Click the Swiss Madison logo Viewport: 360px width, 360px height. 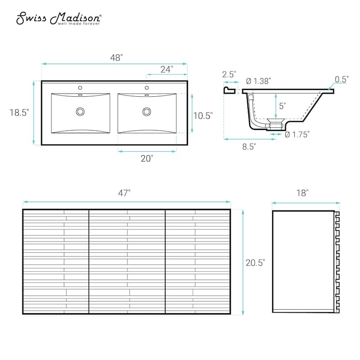coord(59,18)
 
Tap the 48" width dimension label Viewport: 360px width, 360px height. coord(117,58)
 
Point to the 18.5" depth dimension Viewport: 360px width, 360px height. coord(19,113)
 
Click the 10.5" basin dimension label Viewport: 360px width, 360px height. coord(202,115)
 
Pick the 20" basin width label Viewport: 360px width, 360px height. coord(147,158)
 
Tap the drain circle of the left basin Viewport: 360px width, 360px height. coord(81,111)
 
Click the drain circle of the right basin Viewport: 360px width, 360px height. coord(147,111)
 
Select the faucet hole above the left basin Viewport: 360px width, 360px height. coord(81,87)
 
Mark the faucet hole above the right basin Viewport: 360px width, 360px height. coord(147,87)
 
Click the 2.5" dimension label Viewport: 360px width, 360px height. coord(229,75)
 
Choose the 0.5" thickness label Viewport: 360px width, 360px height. coord(342,79)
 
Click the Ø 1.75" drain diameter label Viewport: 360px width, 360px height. coord(297,134)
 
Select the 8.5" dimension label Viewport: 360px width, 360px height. coord(248,146)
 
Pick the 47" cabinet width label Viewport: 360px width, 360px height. coord(124,193)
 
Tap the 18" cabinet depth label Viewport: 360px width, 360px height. coord(302,193)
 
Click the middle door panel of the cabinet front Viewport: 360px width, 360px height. coord(127,261)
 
